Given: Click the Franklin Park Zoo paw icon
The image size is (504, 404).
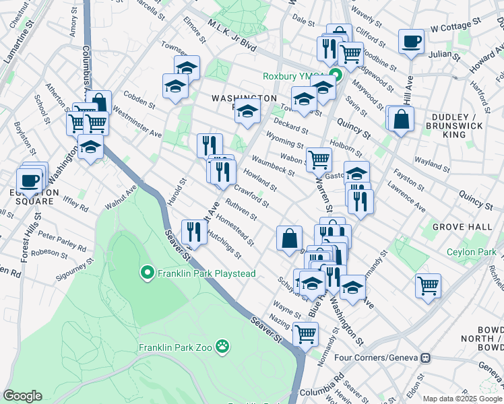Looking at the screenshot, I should click(x=222, y=347).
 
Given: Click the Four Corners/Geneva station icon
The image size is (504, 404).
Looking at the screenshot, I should click(x=426, y=358).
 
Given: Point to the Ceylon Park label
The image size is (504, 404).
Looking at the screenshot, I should click(x=472, y=253).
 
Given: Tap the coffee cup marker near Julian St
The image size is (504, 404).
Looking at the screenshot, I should click(x=410, y=41).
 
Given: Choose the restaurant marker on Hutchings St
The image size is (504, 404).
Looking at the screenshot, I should click(x=193, y=232).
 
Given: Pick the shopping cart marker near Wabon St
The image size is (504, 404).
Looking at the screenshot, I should click(x=319, y=160).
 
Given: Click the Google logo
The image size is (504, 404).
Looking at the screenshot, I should click(x=22, y=396).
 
